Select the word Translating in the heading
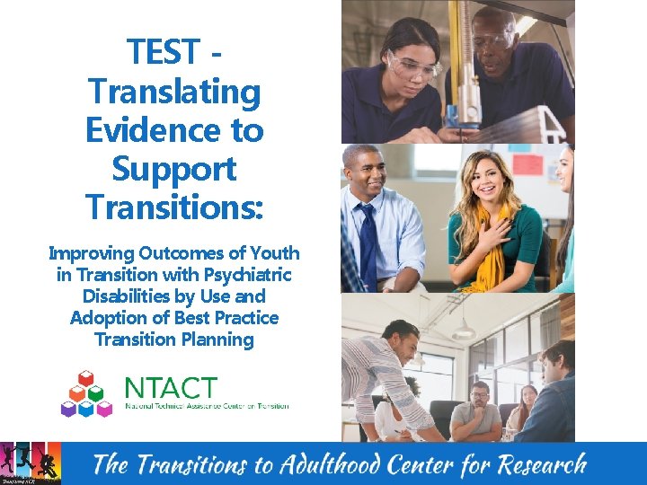(x=174, y=92)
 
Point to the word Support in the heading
(x=174, y=170)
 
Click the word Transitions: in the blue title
(x=174, y=207)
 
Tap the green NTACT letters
(x=171, y=389)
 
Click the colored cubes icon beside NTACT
(x=86, y=393)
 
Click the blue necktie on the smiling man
(x=368, y=242)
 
